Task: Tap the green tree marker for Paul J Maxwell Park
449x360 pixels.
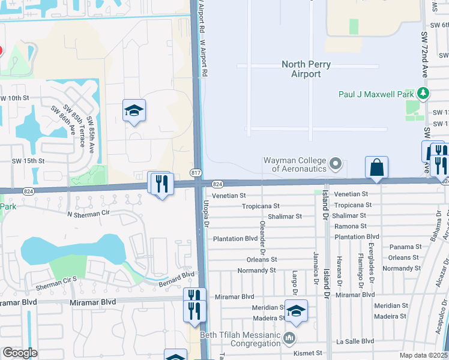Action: pos(423,94)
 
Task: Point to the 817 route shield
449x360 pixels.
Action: pos(197,172)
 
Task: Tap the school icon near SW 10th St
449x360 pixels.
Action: pos(134,110)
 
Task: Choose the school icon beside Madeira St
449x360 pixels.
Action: pos(296,310)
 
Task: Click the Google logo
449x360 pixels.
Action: pos(20,353)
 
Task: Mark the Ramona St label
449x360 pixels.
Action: pos(351,226)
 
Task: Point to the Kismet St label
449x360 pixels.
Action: pos(308,353)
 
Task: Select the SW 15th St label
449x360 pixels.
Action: pos(28,161)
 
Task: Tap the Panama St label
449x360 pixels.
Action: pos(405,247)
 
